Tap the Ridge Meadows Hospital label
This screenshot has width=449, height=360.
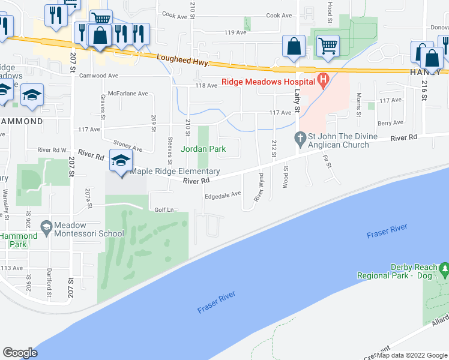pyautogui.click(x=268, y=82)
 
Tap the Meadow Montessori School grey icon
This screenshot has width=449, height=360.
pyautogui.click(x=46, y=226)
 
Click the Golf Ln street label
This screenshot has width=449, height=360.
pyautogui.click(x=163, y=209)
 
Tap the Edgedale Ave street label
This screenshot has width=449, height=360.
pyautogui.click(x=223, y=194)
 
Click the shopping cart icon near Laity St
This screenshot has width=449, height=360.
pyautogui.click(x=327, y=46)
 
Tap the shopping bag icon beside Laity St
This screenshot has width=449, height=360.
pyautogui.click(x=294, y=46)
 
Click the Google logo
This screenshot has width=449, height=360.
pyautogui.click(x=20, y=352)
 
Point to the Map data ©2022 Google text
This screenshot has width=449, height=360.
pyautogui.click(x=412, y=355)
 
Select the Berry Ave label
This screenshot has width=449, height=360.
pyautogui.click(x=390, y=123)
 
